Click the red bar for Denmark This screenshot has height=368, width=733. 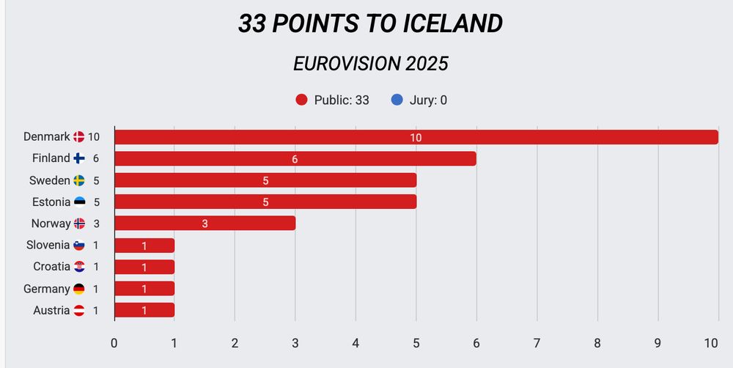416,137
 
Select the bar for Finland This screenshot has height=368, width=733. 295,158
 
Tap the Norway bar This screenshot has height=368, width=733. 205,224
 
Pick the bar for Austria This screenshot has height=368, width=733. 144,310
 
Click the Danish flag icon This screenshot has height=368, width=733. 79,137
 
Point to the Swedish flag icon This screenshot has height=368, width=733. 79,180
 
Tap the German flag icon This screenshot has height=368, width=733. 79,289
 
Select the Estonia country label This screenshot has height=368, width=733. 51,202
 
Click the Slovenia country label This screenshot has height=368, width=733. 48,245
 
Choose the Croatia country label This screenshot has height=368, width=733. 51,267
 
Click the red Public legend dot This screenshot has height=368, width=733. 301,100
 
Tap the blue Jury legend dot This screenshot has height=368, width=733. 397,100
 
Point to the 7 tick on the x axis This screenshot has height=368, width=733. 537,343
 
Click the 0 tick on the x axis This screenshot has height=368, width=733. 114,343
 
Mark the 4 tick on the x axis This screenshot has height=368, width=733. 356,343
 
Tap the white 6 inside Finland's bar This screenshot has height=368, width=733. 295,159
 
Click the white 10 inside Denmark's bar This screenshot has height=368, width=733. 416,138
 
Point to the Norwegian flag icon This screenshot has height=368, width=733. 79,224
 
